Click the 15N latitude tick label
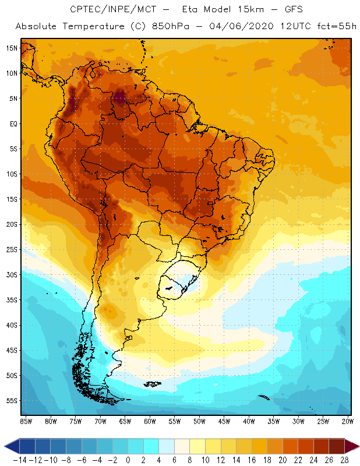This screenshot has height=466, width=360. coord(12,48)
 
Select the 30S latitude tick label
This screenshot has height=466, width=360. coord(12,274)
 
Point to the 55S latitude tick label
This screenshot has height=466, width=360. coord(12,401)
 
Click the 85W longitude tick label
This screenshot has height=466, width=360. coord(26,421)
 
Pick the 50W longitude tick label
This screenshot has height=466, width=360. coord(199,421)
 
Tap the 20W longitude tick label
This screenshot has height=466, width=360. coord(348,421)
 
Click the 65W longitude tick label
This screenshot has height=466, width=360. coord(125,421)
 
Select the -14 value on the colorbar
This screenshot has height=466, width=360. coord(19,460)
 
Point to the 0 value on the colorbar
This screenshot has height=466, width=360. coord(128,460)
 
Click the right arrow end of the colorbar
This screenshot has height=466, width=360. coord(353,446)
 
